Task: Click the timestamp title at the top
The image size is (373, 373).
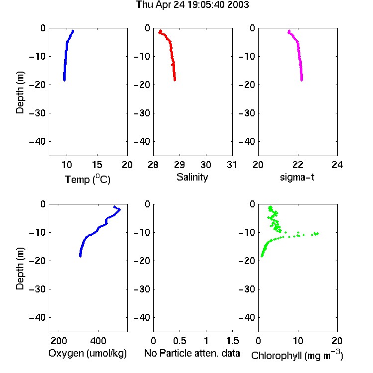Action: click(192, 5)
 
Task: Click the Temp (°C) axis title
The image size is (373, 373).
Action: click(88, 179)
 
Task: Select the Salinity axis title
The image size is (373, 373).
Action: click(192, 177)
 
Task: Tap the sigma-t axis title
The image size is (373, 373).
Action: click(297, 177)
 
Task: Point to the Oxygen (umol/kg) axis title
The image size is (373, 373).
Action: click(88, 353)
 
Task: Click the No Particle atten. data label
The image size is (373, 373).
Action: click(192, 353)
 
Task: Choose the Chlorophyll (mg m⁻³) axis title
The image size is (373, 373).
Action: click(297, 355)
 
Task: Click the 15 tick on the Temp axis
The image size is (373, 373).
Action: click(97, 165)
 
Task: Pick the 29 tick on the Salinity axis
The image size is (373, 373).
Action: click(180, 165)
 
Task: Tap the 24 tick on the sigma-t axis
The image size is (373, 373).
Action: click(337, 165)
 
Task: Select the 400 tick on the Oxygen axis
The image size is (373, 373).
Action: click(98, 341)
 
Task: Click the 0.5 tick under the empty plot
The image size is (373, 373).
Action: click(180, 341)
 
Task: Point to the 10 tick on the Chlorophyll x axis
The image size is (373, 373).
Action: click(298, 341)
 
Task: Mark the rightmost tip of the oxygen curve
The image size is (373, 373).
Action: click(120, 209)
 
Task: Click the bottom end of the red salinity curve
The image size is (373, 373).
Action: click(175, 80)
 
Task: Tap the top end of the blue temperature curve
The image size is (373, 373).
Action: click(73, 31)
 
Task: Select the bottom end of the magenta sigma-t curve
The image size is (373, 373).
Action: click(302, 80)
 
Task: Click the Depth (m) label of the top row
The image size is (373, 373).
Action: click(20, 93)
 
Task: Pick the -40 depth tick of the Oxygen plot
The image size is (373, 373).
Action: click(37, 317)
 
